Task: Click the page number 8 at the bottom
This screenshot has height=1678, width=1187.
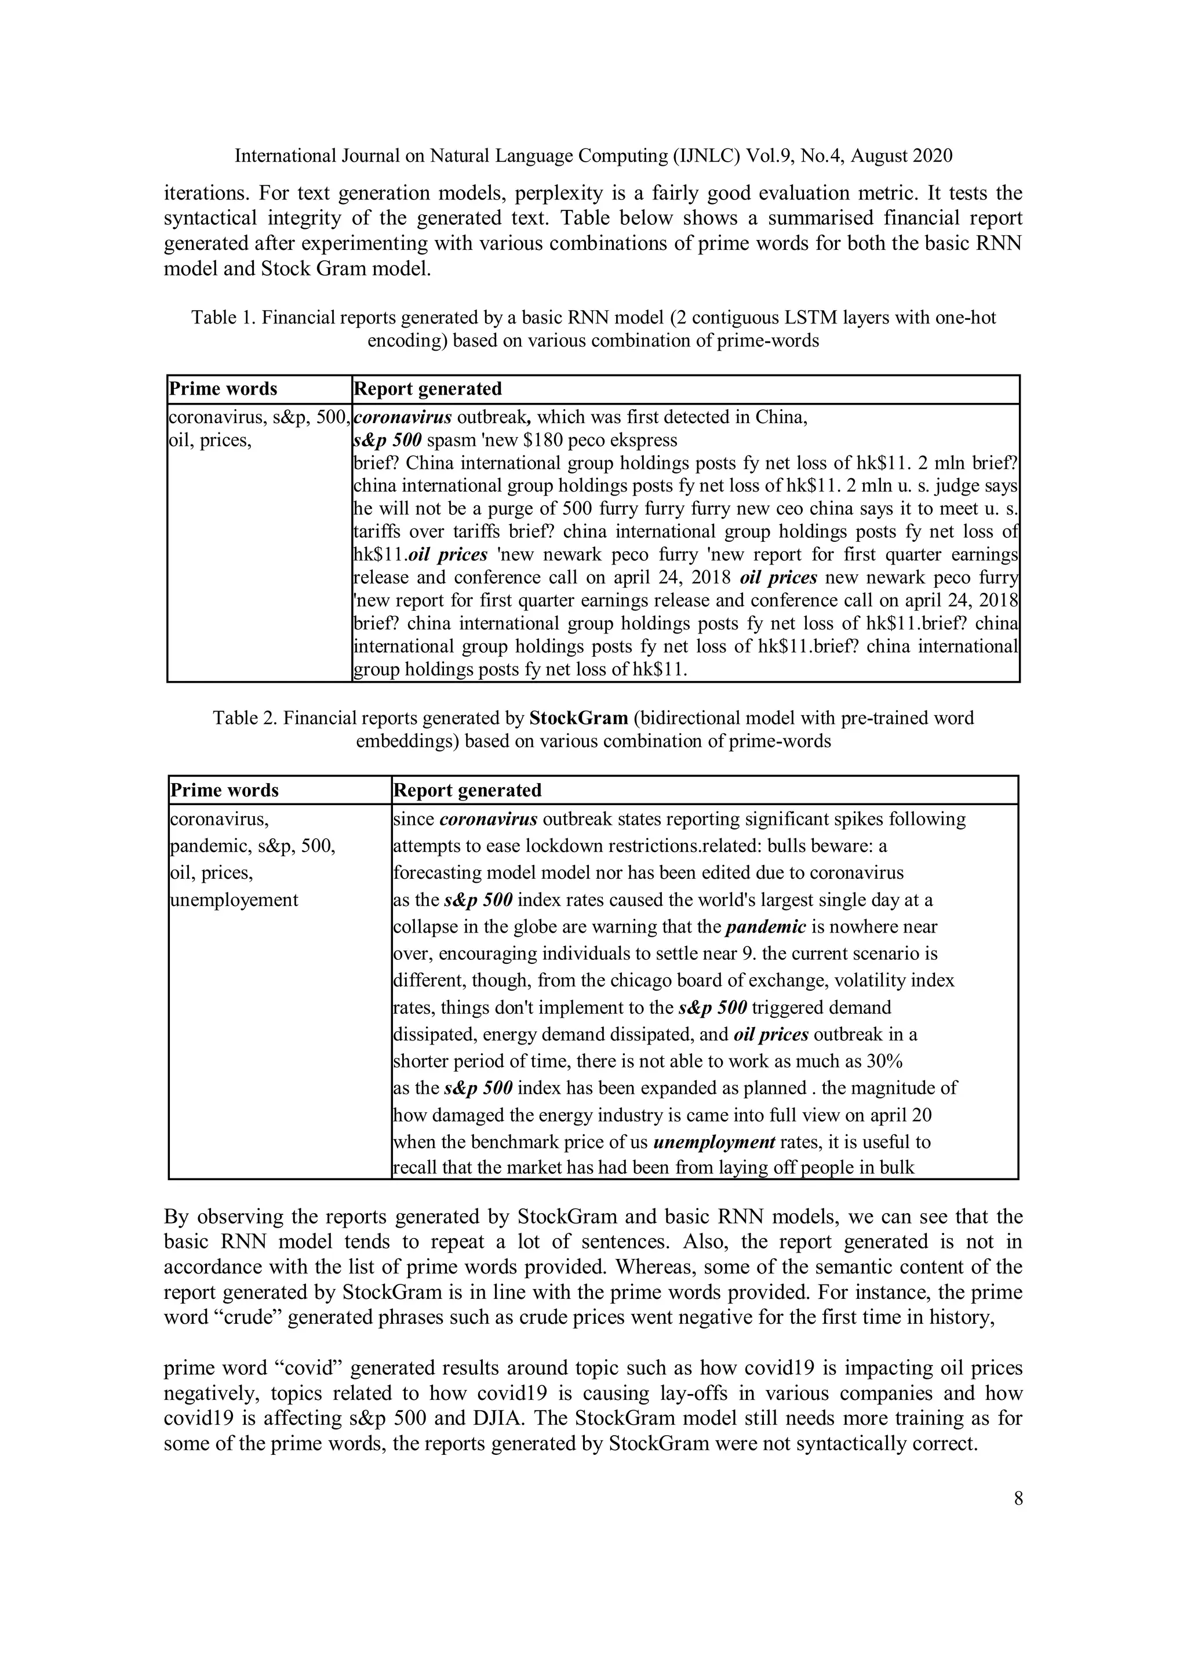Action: click(1018, 1499)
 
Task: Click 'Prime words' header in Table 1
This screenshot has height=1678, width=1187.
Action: click(223, 389)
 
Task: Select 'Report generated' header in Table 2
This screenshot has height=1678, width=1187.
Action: click(467, 790)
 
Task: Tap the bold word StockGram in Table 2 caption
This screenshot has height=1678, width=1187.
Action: click(578, 718)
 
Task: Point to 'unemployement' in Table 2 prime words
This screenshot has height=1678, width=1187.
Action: click(234, 900)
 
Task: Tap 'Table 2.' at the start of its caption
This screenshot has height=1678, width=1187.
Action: click(245, 718)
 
